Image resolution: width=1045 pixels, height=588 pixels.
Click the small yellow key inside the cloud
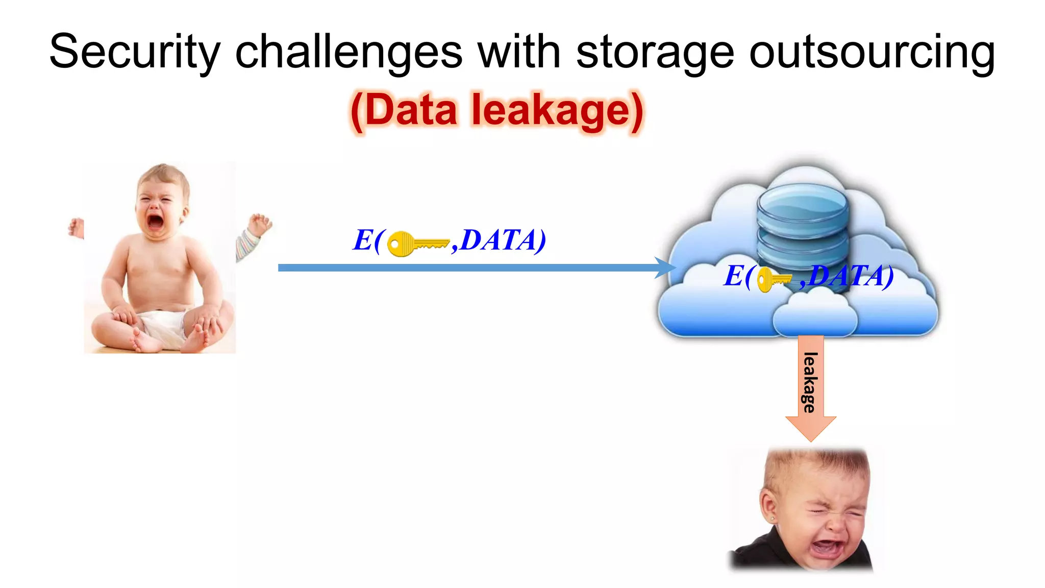pyautogui.click(x=773, y=279)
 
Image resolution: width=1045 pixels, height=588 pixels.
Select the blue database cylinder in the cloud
pyautogui.click(x=803, y=225)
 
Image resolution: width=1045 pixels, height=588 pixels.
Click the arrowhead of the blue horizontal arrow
pyautogui.click(x=666, y=267)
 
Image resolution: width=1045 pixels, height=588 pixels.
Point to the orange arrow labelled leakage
pyautogui.click(x=811, y=388)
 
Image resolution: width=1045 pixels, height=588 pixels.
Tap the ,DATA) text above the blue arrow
pyautogui.click(x=499, y=240)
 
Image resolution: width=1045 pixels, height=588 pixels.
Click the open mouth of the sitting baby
pyautogui.click(x=155, y=223)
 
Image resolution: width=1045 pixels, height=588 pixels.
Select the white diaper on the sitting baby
pyautogui.click(x=161, y=325)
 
